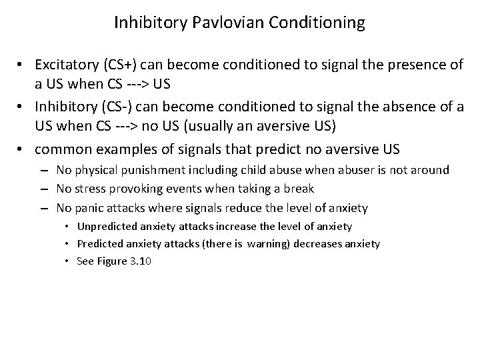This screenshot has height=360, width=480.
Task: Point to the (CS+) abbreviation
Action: [117, 65]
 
